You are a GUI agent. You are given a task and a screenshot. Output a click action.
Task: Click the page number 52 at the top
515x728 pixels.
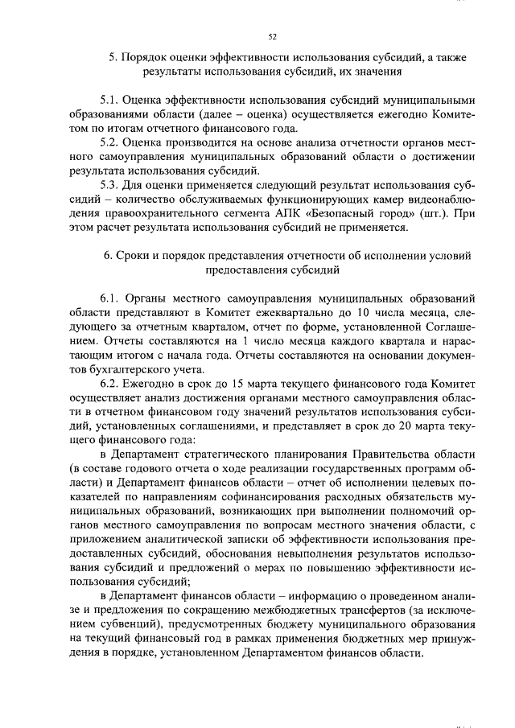[272, 35]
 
